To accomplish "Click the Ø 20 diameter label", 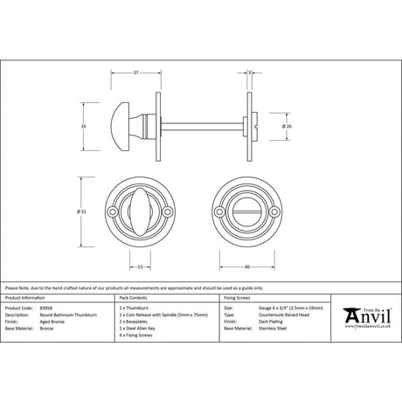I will tap(288, 126).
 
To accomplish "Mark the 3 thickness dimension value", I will tap(250, 72).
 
